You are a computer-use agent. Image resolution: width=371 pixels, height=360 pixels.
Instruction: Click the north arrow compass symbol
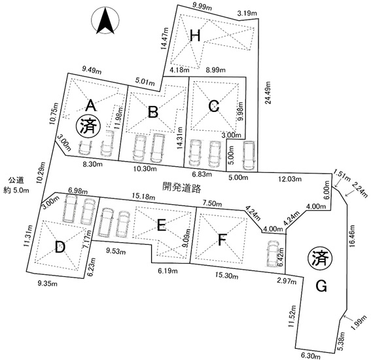coord(105,20)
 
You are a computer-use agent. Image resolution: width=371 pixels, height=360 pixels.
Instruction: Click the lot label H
coord(195,36)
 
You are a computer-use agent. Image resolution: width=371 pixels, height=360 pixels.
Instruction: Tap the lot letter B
coord(153,112)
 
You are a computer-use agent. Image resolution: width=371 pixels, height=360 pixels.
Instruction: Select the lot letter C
coord(214,106)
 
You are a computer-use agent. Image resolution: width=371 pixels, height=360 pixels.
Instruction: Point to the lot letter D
coord(60,247)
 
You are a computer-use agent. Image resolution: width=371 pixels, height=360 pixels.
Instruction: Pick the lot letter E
coord(162,225)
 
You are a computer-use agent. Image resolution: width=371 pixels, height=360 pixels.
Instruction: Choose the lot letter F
coord(222,240)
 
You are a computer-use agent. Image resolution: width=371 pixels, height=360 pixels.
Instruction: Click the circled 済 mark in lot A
coord(88,127)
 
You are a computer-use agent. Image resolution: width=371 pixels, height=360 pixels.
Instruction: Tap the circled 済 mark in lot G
coord(321,258)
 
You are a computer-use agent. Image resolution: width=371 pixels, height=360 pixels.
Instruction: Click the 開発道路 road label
coord(182,187)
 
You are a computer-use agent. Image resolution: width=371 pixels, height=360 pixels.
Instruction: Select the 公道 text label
coord(16,181)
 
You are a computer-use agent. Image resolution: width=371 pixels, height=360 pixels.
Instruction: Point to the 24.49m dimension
coord(268,93)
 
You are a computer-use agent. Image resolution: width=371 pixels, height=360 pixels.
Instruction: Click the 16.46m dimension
coord(353,236)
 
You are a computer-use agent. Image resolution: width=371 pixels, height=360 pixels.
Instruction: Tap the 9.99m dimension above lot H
coord(202,7)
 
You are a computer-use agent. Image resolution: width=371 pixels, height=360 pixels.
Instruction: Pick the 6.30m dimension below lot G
coord(311,355)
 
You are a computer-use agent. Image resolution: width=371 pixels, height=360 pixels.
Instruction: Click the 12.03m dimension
coord(290,179)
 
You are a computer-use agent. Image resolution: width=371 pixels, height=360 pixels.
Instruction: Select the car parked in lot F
coord(273,253)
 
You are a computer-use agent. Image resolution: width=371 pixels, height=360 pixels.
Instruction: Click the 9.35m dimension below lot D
coord(47,283)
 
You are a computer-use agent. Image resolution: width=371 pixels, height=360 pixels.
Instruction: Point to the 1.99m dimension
coord(359,322)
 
